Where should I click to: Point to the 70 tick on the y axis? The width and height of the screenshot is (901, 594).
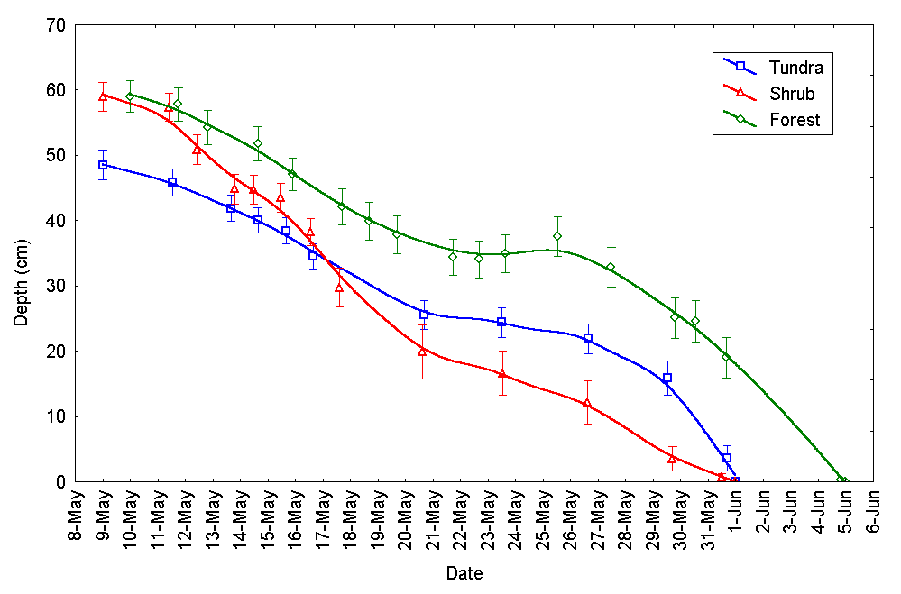[56, 24]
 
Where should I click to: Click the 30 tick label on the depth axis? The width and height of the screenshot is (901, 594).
[56, 286]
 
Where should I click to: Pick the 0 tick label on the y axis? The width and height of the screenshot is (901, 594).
[60, 481]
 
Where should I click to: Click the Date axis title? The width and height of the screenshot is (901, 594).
[464, 573]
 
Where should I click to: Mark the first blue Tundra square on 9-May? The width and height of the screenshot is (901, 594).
[103, 165]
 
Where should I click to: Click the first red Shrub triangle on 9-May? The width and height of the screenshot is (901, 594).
[103, 96]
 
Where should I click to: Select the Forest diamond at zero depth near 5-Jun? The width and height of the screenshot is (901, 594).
[841, 480]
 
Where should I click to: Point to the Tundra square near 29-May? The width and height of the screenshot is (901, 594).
[667, 378]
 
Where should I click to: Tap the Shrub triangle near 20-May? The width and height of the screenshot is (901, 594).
[421, 352]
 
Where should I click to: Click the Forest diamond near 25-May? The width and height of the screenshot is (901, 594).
[557, 236]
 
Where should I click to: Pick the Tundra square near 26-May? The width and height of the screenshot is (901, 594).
[588, 338]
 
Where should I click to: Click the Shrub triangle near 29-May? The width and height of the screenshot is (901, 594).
[672, 459]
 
